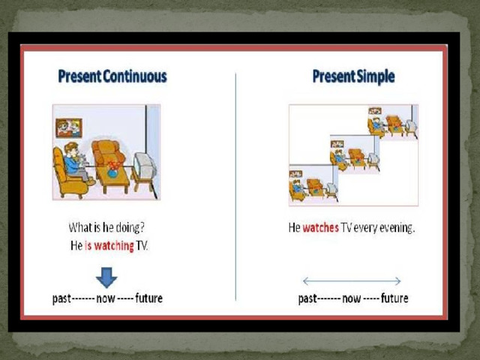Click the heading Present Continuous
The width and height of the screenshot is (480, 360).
(x=112, y=76)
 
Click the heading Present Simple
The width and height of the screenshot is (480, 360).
(x=353, y=76)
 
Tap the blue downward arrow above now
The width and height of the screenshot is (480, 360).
(x=106, y=277)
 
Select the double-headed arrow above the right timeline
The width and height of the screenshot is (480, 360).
(x=352, y=281)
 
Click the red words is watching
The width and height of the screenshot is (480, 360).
(x=109, y=245)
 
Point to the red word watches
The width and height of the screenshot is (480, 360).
(x=320, y=228)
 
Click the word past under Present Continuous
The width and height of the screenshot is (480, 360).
(x=61, y=298)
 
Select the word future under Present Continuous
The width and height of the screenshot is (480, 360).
(x=148, y=298)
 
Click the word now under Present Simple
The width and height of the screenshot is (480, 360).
(x=352, y=298)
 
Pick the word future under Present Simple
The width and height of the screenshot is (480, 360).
(x=394, y=298)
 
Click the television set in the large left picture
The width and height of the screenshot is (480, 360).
(x=145, y=166)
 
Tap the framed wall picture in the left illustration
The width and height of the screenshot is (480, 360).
(x=69, y=127)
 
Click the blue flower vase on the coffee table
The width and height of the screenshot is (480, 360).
(x=112, y=169)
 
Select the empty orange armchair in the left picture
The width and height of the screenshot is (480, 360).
(x=108, y=152)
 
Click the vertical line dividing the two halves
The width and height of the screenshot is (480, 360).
(x=235, y=187)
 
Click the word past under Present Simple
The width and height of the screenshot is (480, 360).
(x=307, y=298)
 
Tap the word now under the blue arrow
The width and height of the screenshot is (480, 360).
(x=106, y=298)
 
